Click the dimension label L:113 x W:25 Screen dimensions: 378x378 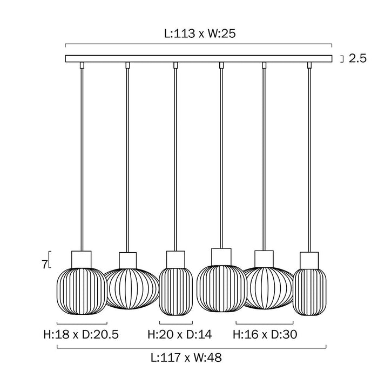click(200, 33)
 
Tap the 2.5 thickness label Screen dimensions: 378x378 click(357, 58)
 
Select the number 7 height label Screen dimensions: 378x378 click(44, 265)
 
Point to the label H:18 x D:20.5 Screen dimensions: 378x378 click(81, 334)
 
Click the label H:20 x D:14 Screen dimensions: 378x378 click(180, 334)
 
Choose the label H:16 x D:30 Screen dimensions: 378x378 click(265, 334)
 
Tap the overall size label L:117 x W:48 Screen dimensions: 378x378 click(186, 357)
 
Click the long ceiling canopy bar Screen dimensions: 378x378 click(199, 58)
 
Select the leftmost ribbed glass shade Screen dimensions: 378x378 click(82, 291)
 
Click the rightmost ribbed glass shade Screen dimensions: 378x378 click(309, 292)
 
